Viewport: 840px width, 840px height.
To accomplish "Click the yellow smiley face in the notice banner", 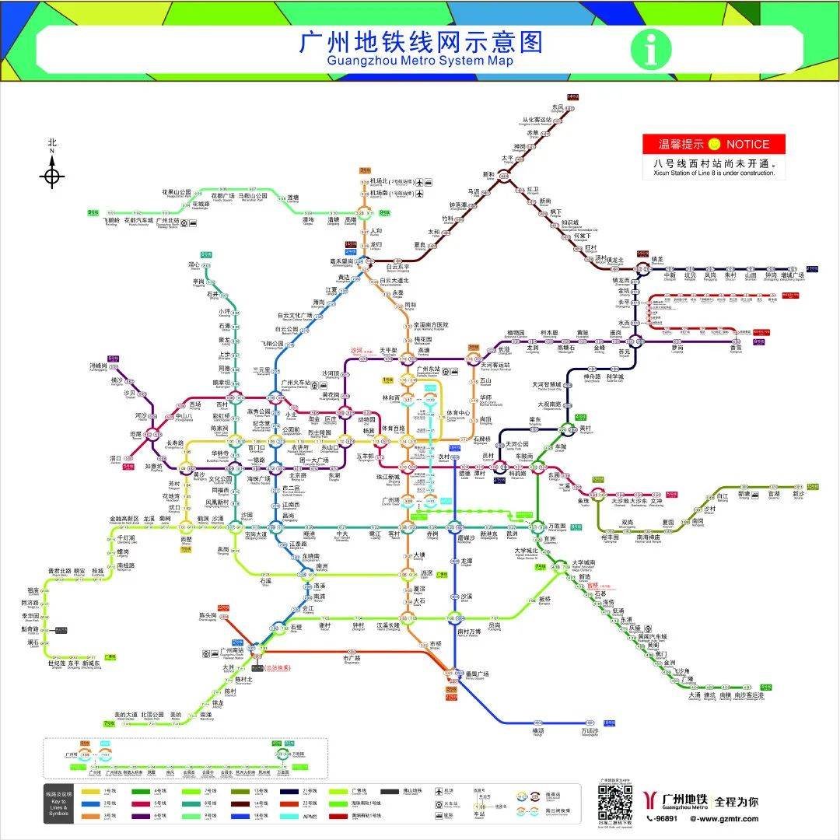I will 714,144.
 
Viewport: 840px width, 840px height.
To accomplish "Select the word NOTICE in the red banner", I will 747,144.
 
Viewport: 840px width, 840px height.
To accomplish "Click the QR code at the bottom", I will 614,802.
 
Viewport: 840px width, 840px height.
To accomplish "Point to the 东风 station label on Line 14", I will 557,107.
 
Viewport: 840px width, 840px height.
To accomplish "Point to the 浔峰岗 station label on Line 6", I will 99,366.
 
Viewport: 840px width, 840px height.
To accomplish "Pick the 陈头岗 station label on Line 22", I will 208,615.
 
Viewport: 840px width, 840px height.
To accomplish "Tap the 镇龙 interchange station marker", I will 643,270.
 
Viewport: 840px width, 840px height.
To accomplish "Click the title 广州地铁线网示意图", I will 420,42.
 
